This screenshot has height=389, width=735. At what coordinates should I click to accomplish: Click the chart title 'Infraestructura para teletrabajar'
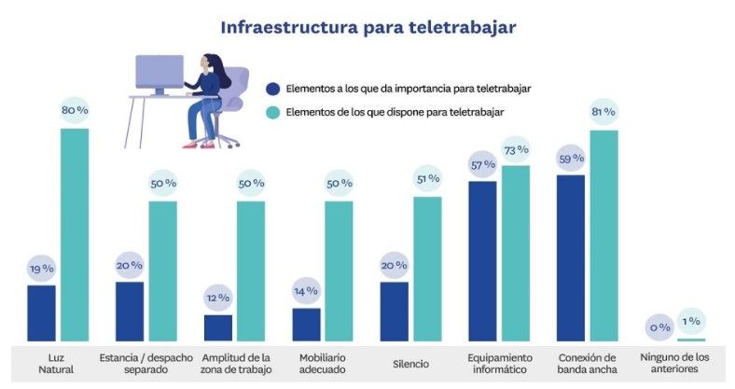click(367, 26)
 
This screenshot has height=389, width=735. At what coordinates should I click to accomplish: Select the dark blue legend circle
click(272, 90)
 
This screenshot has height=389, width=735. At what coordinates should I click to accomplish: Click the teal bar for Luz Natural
click(75, 233)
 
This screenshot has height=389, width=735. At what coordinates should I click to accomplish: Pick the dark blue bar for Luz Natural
click(41, 313)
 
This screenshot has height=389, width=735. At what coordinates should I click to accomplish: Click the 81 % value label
click(603, 112)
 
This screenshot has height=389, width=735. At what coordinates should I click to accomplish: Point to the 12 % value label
click(217, 298)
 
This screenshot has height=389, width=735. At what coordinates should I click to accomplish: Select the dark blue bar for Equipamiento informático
click(482, 261)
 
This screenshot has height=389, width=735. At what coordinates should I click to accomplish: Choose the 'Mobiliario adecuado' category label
click(323, 364)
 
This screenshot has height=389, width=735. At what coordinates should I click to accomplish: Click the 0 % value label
click(659, 327)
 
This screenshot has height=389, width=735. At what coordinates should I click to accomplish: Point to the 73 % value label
click(516, 149)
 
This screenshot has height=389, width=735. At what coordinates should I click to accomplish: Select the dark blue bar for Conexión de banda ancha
click(571, 257)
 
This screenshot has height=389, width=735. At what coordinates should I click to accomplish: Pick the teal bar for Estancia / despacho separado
click(163, 271)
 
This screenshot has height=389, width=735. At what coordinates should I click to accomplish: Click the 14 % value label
click(306, 291)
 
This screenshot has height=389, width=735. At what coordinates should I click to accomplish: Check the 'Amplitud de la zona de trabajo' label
click(235, 364)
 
